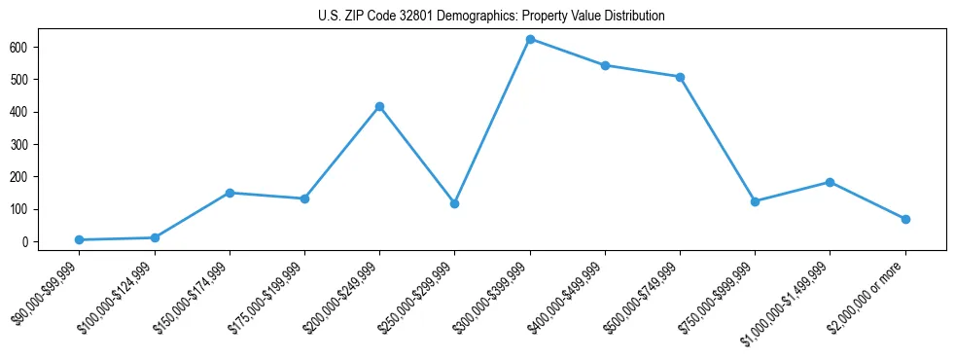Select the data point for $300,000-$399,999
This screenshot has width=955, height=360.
530,39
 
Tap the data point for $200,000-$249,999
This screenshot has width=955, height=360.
379,106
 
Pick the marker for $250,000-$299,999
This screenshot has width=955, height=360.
454,203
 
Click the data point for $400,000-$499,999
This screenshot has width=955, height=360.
605,65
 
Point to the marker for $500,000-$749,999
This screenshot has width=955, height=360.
680,77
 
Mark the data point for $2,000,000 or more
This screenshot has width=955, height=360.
905,219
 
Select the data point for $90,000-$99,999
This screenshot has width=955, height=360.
79,239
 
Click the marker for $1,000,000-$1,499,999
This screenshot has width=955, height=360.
830,182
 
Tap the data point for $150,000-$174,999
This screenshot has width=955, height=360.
230,193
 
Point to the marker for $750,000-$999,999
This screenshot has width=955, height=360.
755,201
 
